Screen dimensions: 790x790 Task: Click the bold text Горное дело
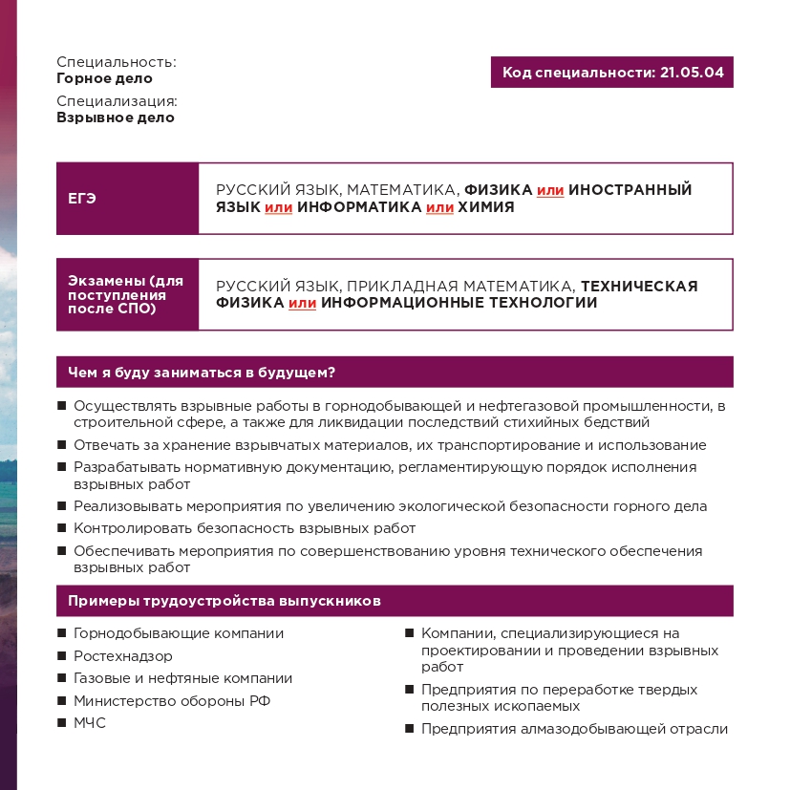104,79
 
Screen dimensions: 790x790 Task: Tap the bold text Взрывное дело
116,118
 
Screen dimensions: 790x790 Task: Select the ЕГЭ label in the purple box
82,199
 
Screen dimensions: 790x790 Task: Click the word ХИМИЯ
486,207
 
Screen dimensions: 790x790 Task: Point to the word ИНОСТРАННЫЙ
630,190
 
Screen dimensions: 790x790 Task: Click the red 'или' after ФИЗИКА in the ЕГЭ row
550,191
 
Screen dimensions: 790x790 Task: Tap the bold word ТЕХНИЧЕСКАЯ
639,286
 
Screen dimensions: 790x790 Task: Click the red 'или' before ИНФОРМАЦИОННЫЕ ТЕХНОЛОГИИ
302,304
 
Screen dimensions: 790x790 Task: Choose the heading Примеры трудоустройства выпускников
224,601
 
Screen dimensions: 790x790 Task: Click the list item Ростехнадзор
123,656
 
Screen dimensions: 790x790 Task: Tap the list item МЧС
90,723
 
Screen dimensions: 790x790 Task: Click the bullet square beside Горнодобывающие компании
62,633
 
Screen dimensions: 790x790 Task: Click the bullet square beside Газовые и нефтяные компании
62,678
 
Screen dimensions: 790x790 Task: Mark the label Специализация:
117,101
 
